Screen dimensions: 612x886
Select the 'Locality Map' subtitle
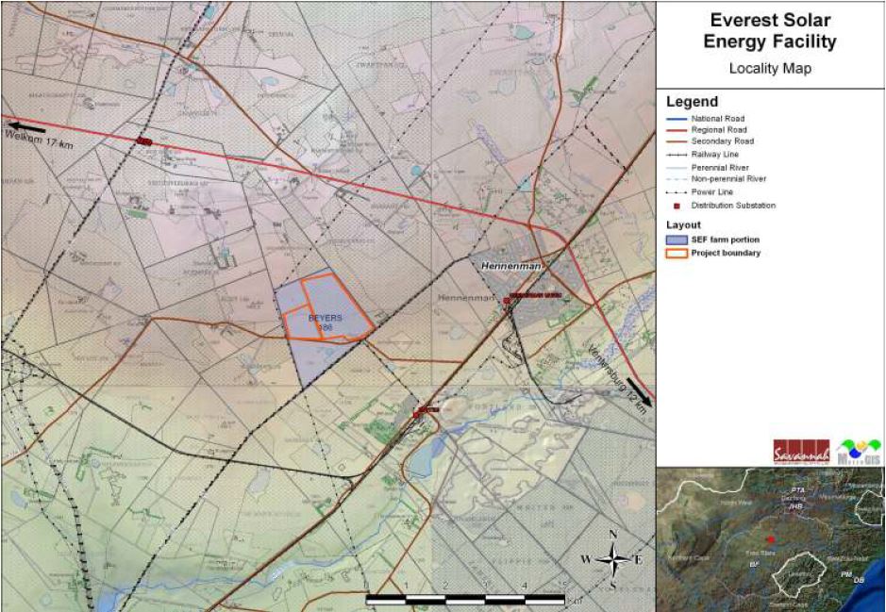coord(771,69)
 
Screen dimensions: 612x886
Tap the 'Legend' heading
coord(692,102)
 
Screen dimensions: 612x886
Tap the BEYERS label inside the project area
coord(326,318)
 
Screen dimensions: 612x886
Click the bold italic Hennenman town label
coord(510,269)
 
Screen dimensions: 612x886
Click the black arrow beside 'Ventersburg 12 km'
coord(638,389)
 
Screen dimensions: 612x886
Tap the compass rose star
coord(612,559)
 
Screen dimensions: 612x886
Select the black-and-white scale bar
coord(464,598)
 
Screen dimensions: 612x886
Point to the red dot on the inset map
coord(770,538)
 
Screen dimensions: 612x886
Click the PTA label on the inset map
coord(797,490)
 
